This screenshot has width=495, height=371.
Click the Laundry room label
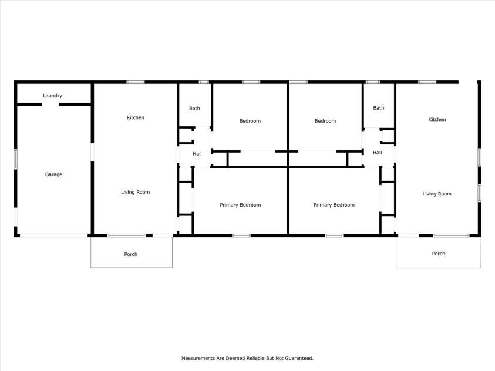(53, 96)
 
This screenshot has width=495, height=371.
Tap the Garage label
(53, 174)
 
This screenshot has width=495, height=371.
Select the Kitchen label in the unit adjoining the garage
(135, 117)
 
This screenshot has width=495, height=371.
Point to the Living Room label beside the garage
(135, 192)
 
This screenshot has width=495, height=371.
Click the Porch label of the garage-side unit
(130, 254)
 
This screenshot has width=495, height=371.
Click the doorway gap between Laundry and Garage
(50, 104)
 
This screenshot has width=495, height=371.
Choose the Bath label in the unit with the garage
(194, 108)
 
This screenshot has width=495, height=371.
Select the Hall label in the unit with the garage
(197, 153)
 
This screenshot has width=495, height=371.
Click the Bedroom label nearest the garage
(250, 121)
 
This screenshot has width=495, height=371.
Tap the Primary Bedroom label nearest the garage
(240, 205)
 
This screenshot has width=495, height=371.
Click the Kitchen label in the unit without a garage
(437, 120)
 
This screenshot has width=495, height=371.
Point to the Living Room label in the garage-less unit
(437, 194)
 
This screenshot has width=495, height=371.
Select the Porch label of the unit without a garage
(438, 254)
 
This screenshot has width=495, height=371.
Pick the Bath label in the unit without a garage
(379, 108)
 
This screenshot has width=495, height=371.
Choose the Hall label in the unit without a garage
(377, 153)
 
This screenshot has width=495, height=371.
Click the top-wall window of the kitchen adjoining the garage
(136, 82)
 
